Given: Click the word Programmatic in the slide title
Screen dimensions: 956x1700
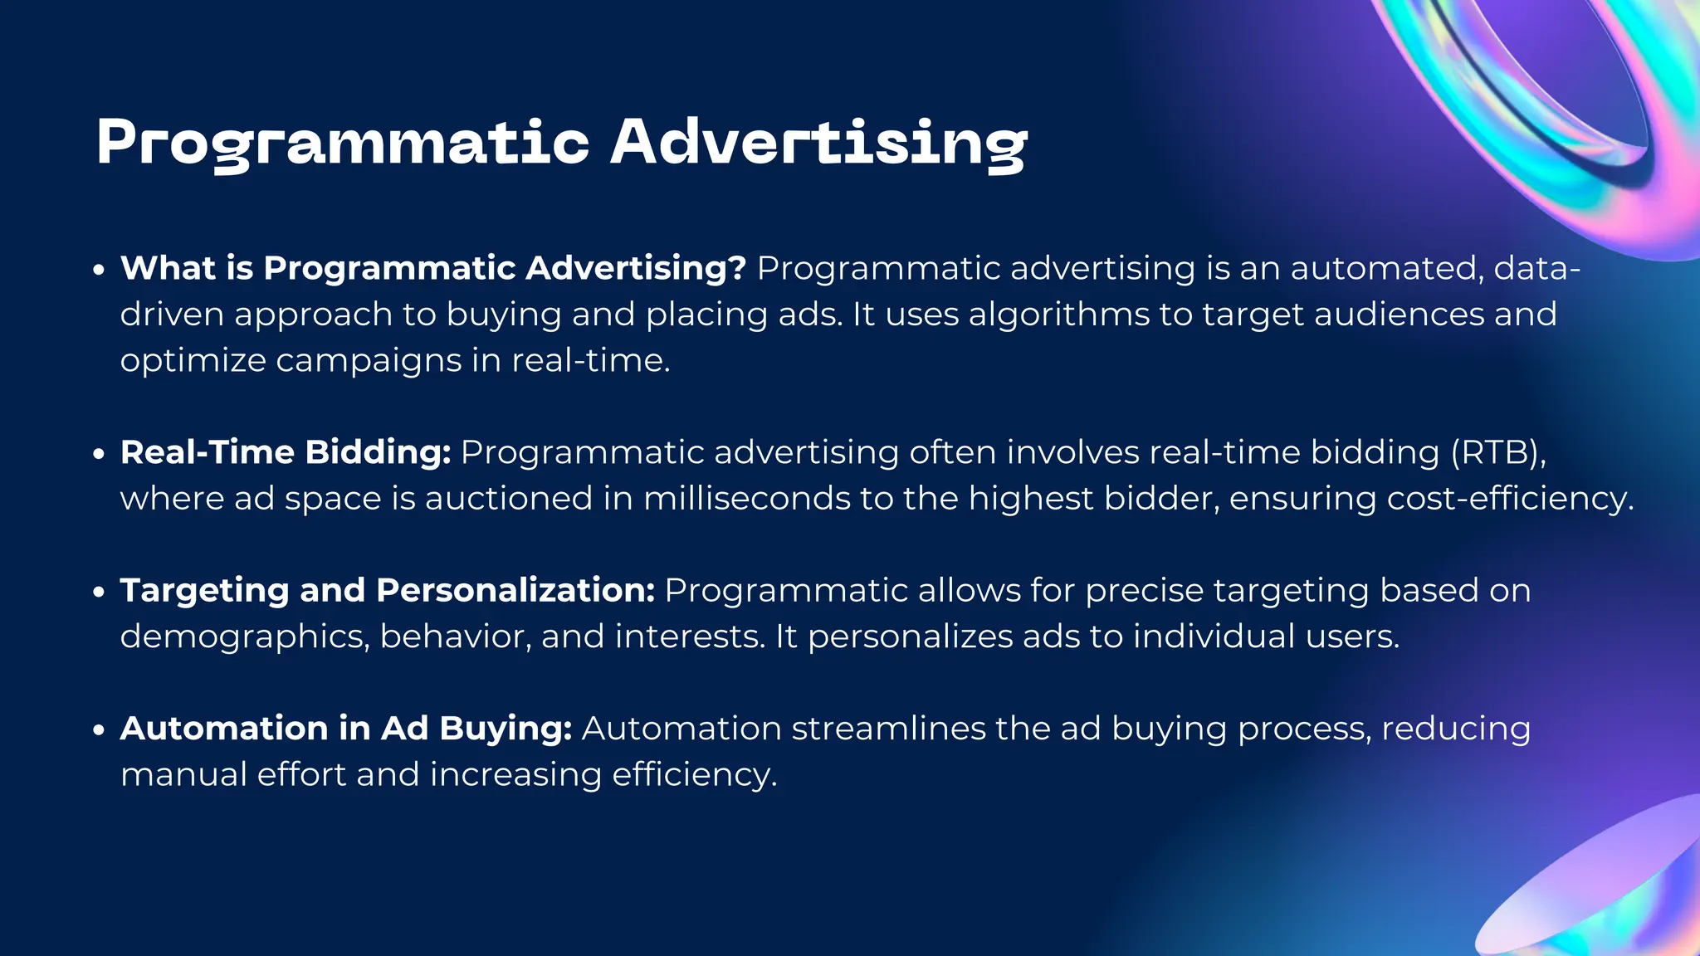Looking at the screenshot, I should click(x=342, y=143).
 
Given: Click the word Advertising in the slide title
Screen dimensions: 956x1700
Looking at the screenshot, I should click(x=818, y=143).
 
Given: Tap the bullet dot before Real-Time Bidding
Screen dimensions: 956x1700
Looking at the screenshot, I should click(x=99, y=455).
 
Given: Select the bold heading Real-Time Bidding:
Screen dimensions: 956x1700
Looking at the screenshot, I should click(x=286, y=453).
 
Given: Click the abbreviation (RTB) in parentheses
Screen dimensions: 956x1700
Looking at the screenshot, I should click(x=1497, y=453).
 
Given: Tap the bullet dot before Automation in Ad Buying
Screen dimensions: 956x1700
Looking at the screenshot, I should click(x=99, y=730).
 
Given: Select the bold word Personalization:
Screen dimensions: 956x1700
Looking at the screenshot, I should click(x=515, y=591).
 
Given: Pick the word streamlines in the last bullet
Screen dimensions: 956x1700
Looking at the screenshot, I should click(x=888, y=729).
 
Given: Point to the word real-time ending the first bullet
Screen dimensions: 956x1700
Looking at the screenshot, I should click(x=589, y=361).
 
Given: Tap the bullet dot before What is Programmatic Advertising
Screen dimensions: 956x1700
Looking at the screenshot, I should click(x=99, y=271).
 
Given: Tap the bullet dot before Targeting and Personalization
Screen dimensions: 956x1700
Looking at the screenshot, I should click(x=99, y=593).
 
